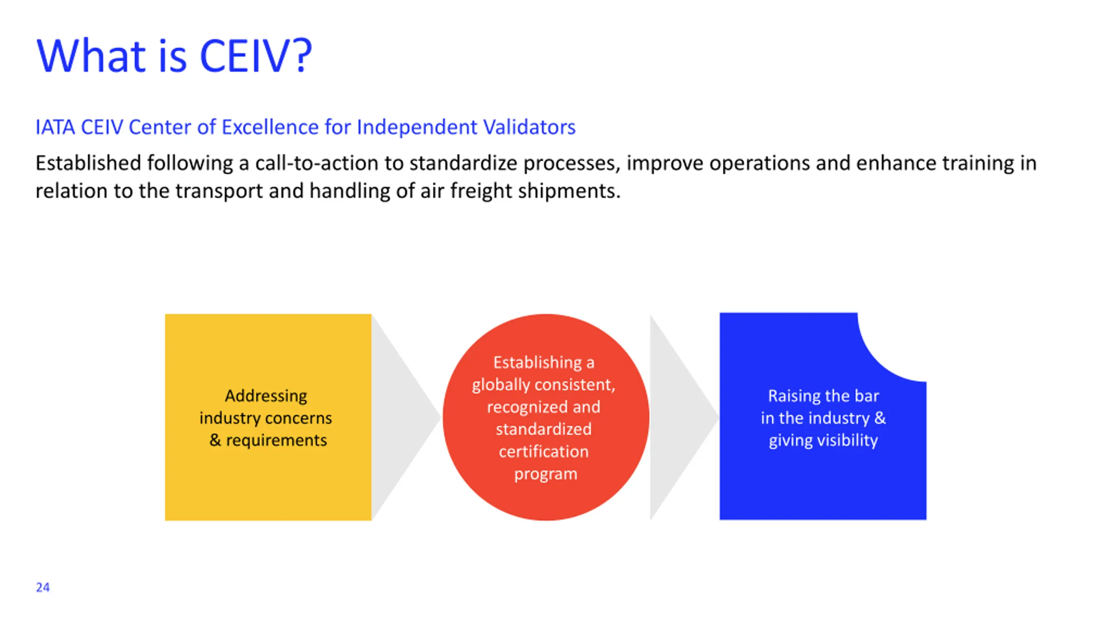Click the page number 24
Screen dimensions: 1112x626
point(43,587)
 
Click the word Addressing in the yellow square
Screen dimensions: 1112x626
point(266,396)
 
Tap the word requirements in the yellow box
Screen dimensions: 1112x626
point(276,440)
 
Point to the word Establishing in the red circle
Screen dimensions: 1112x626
point(537,363)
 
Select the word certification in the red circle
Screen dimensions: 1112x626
point(543,452)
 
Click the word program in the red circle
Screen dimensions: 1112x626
point(546,474)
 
